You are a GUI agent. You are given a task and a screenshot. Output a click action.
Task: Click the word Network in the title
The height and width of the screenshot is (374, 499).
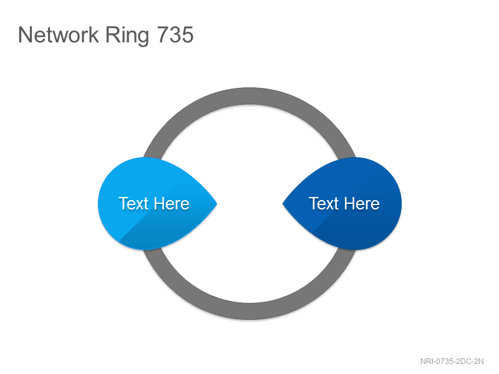pos(59,34)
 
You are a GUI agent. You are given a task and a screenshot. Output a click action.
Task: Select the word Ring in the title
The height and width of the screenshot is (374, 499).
pos(127,36)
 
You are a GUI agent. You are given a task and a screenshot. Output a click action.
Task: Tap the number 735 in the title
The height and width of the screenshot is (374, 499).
pos(175,34)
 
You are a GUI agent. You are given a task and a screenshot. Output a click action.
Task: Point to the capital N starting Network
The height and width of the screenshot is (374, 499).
pos(25,34)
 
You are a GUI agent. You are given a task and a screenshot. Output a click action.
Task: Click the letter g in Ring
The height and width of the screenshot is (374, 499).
pos(143,38)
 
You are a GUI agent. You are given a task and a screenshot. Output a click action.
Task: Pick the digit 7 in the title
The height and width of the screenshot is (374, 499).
pos(163,34)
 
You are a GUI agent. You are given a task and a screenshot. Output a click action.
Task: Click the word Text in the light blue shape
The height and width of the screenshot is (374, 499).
pos(133,203)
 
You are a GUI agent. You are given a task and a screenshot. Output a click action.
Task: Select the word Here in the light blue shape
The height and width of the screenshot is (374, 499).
pos(172,203)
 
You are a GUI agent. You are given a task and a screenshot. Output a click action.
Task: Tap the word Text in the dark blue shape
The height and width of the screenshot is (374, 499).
pos(324,203)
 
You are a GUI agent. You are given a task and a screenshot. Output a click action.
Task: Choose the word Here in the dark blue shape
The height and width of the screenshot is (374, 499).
pos(362,203)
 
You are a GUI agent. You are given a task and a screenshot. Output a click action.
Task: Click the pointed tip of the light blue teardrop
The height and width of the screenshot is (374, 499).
pos(217,204)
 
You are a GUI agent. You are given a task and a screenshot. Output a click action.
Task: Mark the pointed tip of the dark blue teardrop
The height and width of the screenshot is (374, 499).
pos(283,204)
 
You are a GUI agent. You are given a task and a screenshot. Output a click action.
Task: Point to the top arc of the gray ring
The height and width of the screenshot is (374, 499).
pos(249,96)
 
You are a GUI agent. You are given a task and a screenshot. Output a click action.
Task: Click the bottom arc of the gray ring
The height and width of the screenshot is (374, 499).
pos(249,311)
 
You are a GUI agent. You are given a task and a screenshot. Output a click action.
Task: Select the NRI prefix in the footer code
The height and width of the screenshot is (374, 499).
pos(427,362)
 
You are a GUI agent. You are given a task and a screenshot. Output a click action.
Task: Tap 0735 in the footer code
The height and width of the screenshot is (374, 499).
pos(445,362)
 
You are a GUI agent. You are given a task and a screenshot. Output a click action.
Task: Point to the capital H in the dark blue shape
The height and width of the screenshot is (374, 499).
pos(350,203)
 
